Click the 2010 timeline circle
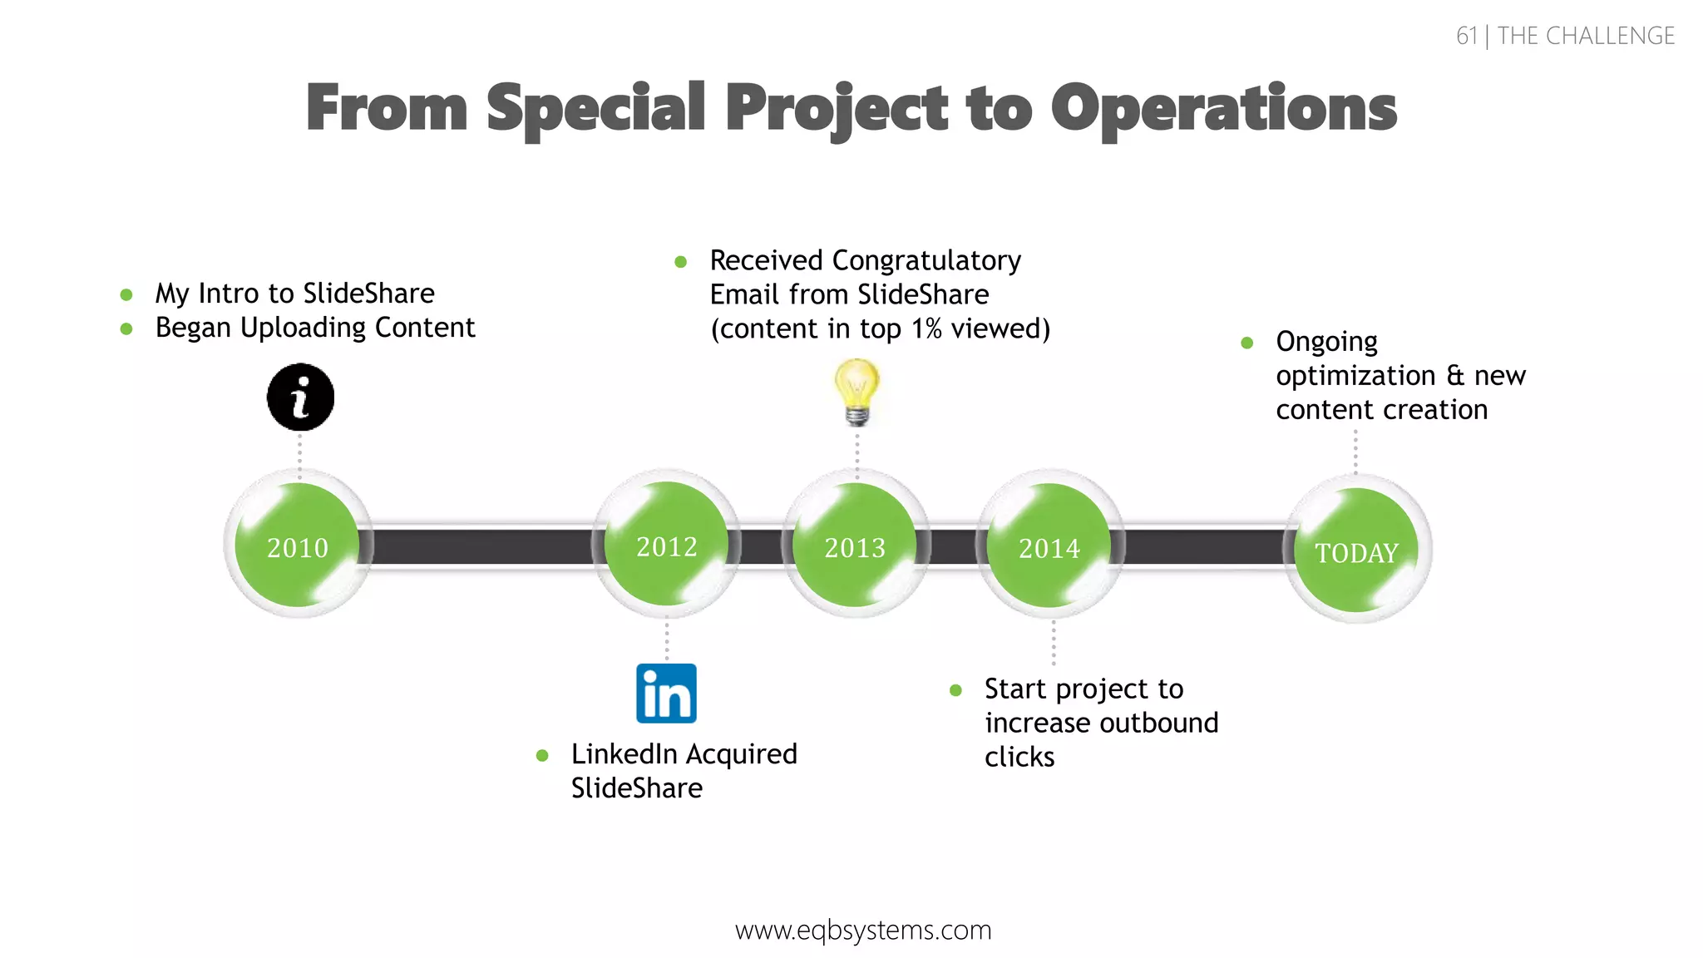298,546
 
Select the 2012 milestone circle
667,545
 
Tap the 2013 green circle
855,546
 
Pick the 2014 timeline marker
1049,546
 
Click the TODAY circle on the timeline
1357,551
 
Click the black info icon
300,397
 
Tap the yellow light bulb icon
856,391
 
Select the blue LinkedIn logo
666,694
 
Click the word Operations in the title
1223,108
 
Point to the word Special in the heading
595,108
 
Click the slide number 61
1467,36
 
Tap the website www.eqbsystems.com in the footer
863,930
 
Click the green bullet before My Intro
126,294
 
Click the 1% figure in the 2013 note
926,328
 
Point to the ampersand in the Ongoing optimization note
1455,375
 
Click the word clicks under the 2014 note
1019,757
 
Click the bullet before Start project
955,690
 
